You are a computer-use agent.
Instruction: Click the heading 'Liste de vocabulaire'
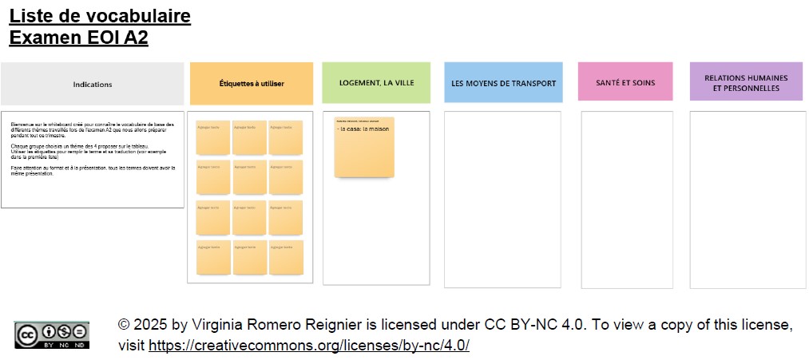(100, 16)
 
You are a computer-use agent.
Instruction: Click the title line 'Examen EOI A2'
(78, 38)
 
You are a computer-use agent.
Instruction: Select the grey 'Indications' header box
(93, 84)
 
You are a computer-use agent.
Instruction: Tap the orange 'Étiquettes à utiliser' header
(252, 84)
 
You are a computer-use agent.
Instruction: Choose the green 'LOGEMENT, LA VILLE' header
(376, 83)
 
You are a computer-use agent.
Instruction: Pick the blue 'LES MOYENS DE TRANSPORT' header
(504, 83)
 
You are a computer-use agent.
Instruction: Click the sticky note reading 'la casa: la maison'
(364, 147)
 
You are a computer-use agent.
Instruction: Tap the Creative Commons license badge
(51, 334)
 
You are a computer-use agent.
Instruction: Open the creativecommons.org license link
(309, 346)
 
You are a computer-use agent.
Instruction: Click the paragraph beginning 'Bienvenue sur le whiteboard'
(92, 130)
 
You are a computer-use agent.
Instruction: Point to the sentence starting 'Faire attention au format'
(92, 171)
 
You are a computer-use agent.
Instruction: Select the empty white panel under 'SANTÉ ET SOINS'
(627, 199)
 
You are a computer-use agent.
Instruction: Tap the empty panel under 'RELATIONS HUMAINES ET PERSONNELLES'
(747, 199)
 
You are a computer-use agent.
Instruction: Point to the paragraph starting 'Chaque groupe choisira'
(92, 152)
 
